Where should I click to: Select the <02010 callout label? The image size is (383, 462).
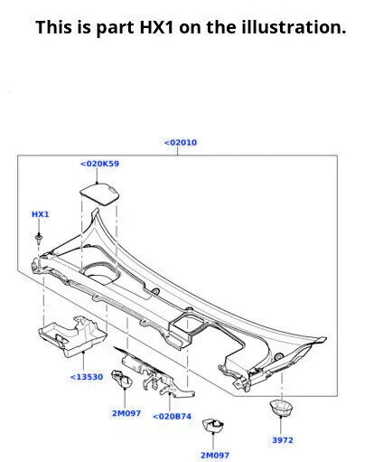180,142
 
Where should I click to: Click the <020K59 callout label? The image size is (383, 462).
100,164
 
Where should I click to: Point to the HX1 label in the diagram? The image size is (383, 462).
41,214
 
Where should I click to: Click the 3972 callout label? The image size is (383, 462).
283,440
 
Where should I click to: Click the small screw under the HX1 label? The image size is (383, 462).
41,239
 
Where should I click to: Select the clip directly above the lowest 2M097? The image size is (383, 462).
213,427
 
